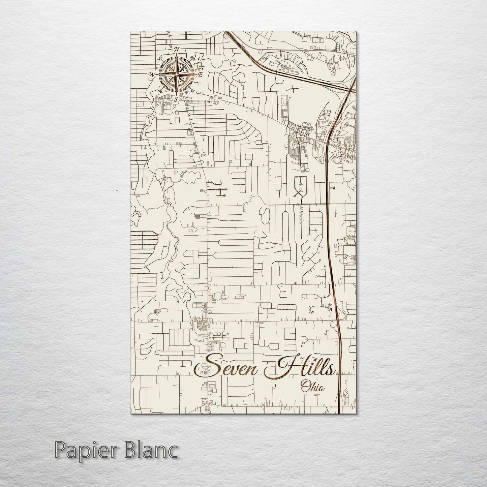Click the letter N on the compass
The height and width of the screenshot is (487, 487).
point(177,49)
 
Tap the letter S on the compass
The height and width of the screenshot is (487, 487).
point(176,99)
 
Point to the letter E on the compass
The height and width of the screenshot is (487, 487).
point(200,74)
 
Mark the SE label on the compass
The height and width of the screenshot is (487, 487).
point(193,90)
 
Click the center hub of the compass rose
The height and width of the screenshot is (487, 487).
point(176,74)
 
